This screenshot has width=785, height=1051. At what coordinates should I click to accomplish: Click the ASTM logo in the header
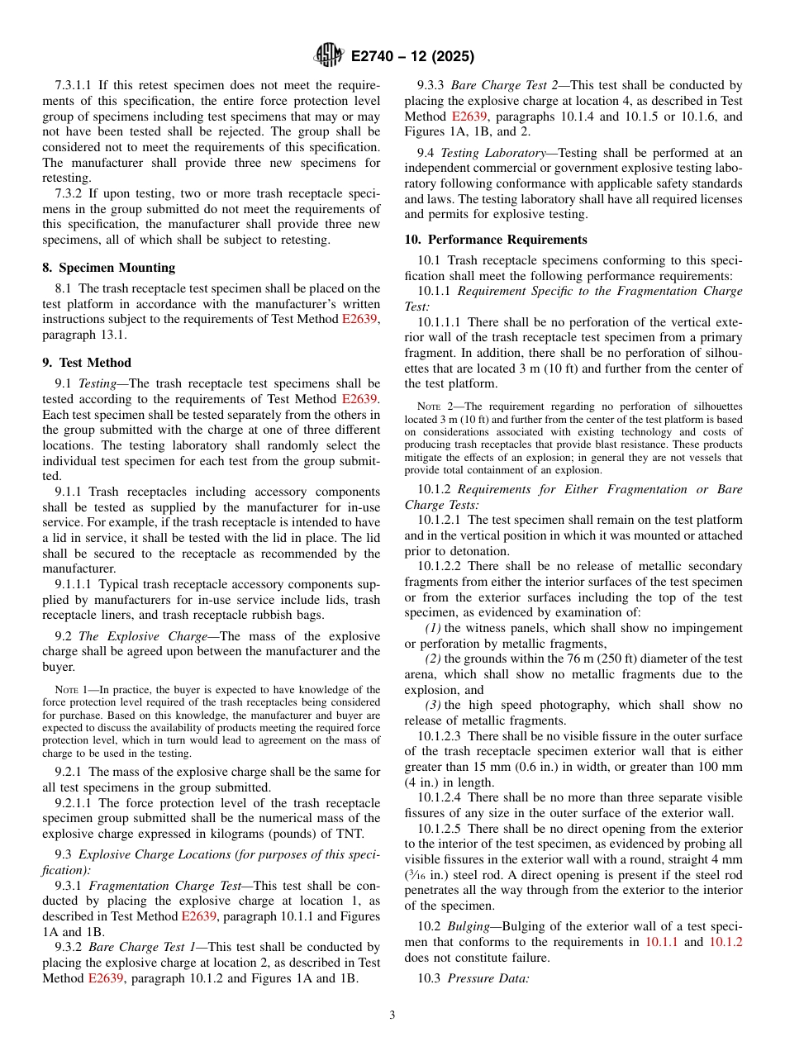point(329,56)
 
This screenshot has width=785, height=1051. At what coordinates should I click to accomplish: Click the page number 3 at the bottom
point(392,1015)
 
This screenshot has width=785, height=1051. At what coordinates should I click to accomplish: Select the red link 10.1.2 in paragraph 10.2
point(726,941)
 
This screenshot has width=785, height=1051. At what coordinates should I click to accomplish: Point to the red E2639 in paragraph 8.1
point(360,319)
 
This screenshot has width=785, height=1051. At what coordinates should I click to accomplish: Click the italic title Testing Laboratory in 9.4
point(487,153)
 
